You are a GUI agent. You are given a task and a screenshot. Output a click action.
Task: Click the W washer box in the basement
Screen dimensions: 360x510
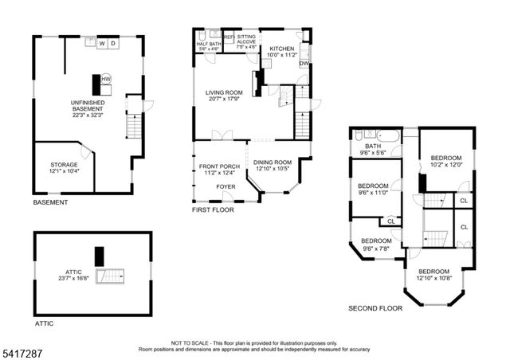[101, 44]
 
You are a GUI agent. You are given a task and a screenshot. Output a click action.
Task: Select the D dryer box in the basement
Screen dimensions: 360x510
[113, 44]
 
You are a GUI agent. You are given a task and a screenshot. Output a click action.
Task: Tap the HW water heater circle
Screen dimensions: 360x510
[105, 80]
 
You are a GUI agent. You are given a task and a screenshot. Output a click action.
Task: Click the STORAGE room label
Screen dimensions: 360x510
[65, 165]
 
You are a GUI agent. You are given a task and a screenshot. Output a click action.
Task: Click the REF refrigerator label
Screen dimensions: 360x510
[229, 37]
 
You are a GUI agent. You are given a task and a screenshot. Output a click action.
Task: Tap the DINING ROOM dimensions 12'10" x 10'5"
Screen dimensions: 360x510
[273, 169]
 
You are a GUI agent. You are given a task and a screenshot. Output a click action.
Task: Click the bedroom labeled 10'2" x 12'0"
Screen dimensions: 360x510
[446, 162]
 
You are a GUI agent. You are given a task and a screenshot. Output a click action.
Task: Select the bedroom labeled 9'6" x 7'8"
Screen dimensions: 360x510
[377, 245]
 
